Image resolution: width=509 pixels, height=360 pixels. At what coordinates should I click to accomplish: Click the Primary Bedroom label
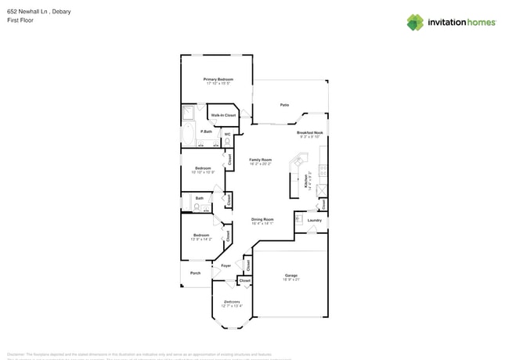tap(218, 79)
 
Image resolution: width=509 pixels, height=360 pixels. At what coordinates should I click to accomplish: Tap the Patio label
tap(284, 104)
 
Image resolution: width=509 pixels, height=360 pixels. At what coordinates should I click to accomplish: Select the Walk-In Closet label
tap(223, 115)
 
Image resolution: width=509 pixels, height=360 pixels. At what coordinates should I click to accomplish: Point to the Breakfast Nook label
tap(309, 133)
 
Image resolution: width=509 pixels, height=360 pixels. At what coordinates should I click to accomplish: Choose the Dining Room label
tap(262, 219)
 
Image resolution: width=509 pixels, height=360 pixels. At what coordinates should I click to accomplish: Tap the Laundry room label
tap(314, 220)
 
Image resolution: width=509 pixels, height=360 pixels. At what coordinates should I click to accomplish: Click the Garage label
tap(291, 275)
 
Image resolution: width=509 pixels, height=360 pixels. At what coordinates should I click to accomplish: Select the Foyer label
tap(226, 266)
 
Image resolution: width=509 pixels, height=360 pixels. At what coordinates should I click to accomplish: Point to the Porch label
tap(195, 273)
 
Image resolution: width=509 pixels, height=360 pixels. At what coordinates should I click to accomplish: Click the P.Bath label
tap(206, 131)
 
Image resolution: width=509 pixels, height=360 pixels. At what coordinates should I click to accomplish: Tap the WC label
tap(227, 134)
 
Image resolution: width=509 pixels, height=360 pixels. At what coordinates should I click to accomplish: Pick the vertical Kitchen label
tap(305, 181)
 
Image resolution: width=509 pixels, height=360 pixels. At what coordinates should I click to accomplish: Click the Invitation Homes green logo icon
tap(414, 22)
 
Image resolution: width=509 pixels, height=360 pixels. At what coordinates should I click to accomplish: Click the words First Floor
tap(20, 20)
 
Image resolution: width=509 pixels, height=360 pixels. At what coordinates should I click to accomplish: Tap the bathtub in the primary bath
tap(188, 134)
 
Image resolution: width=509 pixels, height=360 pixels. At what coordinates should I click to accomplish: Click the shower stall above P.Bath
tap(188, 113)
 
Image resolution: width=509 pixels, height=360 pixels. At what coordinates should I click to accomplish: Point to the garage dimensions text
tap(291, 279)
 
